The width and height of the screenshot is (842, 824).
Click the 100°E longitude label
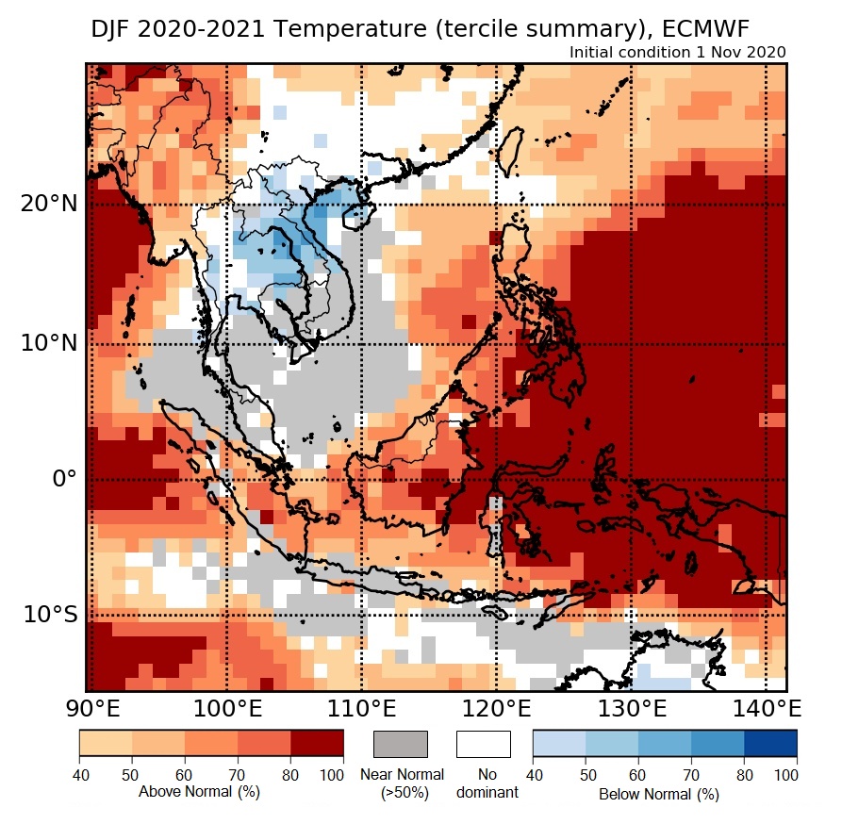coord(226,708)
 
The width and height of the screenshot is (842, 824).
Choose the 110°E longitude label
coord(361,708)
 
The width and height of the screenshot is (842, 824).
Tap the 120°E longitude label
coord(497,708)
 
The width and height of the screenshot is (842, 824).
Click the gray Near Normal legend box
coord(401,744)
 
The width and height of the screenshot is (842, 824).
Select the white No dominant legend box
coord(483,744)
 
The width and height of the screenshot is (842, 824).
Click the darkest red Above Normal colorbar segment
coord(317,744)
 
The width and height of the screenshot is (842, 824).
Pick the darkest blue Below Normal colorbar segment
coord(770,744)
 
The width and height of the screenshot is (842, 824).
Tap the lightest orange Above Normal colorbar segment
coord(106,744)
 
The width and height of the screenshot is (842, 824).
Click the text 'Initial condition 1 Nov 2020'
coord(677,52)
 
